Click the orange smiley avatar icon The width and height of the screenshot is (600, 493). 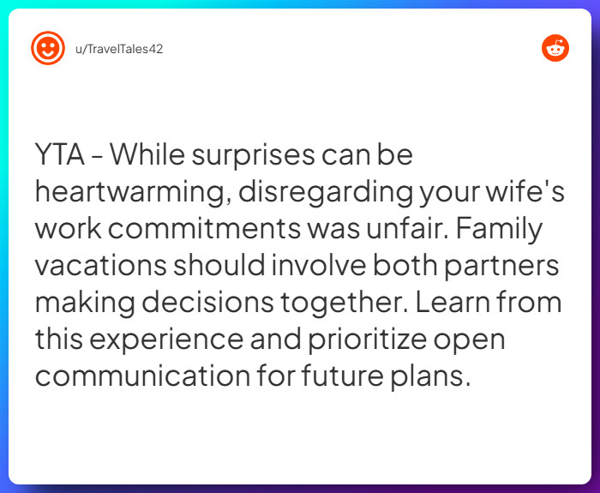click(48, 48)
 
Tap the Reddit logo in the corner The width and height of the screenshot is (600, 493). click(555, 48)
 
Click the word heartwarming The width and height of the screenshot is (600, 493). click(130, 193)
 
